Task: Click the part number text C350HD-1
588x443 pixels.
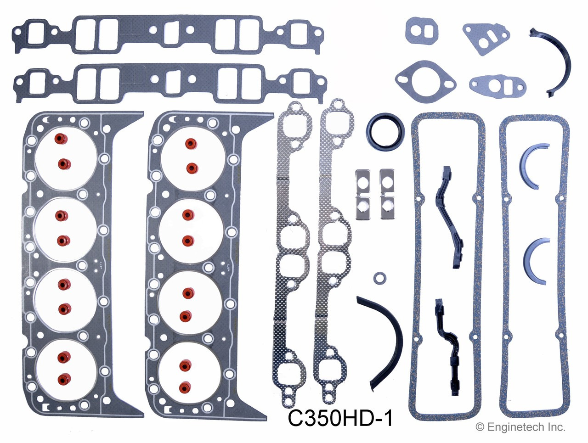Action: point(340,418)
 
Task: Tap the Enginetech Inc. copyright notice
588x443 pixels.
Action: point(520,427)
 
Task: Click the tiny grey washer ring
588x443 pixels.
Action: point(379,278)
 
